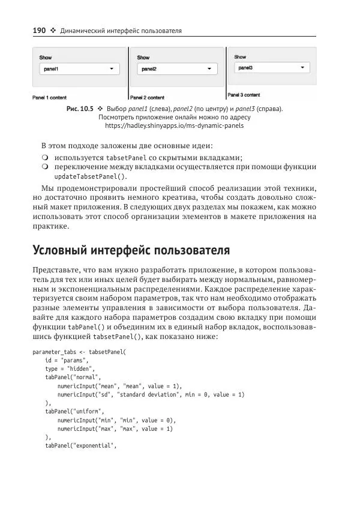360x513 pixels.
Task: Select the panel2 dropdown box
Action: click(177, 70)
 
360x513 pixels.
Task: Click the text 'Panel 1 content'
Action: click(49, 97)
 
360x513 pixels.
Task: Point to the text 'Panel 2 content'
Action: click(148, 97)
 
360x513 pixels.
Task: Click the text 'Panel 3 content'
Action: click(244, 95)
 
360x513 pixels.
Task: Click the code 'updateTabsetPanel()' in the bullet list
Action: click(91, 177)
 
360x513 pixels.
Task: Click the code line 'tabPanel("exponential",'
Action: click(80, 446)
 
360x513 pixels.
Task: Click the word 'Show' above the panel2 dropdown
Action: click(143, 58)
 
